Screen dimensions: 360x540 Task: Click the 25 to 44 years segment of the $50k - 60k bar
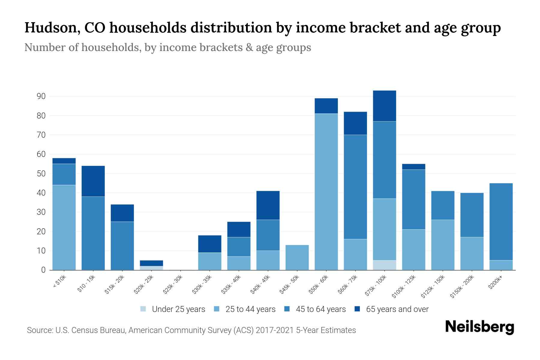pyautogui.click(x=326, y=192)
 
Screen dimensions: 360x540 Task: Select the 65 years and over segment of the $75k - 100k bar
pyautogui.click(x=384, y=106)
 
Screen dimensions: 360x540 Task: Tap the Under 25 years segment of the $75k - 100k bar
pyautogui.click(x=384, y=265)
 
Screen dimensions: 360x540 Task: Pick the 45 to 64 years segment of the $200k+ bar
pyautogui.click(x=501, y=222)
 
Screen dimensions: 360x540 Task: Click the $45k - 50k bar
pyautogui.click(x=297, y=257)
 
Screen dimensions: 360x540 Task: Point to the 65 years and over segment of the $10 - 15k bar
pyautogui.click(x=93, y=181)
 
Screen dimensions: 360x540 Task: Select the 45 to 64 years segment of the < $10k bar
pyautogui.click(x=64, y=174)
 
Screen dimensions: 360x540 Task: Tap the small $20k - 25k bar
pyautogui.click(x=151, y=265)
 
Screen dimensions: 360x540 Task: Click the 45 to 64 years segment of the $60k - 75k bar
pyautogui.click(x=355, y=187)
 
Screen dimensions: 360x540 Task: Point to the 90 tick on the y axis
pyautogui.click(x=41, y=96)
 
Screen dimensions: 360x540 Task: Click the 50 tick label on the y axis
pyautogui.click(x=41, y=174)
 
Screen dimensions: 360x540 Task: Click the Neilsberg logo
pyautogui.click(x=479, y=327)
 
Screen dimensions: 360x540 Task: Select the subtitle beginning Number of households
pyautogui.click(x=167, y=47)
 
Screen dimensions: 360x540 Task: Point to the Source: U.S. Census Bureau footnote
pyautogui.click(x=191, y=330)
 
